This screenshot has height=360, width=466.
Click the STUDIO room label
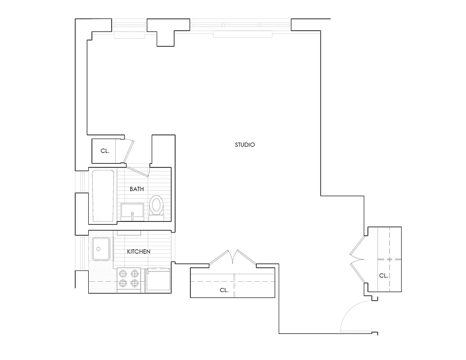[x=245, y=145]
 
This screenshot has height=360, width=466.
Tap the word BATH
[x=137, y=189]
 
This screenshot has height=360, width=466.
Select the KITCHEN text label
[x=138, y=252]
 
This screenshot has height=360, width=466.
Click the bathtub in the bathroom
[x=103, y=196]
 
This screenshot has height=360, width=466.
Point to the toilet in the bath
[x=157, y=207]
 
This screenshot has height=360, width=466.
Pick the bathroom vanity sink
[x=132, y=212]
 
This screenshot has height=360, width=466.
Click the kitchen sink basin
[x=101, y=249]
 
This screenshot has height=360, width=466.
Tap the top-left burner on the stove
[x=122, y=273]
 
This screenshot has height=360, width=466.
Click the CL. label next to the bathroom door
[x=105, y=151]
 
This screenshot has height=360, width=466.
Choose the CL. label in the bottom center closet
[x=224, y=290]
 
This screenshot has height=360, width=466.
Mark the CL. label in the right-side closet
[x=383, y=275]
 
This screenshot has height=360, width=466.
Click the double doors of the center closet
[x=232, y=258]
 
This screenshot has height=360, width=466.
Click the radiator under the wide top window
[x=242, y=34]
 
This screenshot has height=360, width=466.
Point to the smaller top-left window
[x=129, y=25]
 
